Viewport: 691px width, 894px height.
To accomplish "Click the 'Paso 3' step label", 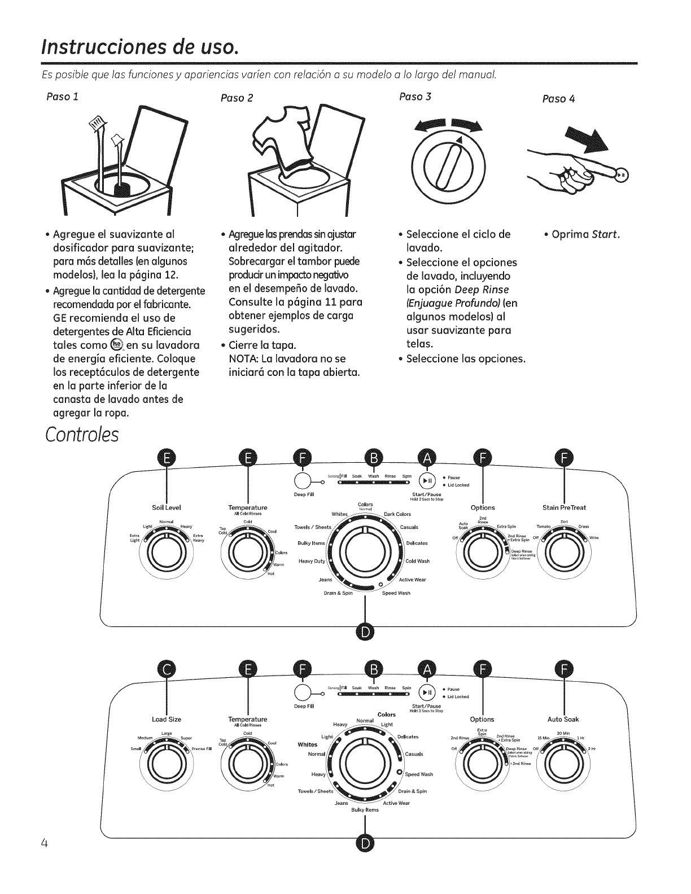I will [415, 96].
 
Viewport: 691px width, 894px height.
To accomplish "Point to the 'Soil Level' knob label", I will [167, 507].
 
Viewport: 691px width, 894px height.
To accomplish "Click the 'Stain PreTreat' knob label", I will [565, 507].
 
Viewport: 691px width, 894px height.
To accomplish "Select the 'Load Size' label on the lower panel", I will [167, 719].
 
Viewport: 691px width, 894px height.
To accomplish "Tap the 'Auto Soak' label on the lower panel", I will [563, 719].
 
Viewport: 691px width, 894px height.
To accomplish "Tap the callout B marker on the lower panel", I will [373, 670].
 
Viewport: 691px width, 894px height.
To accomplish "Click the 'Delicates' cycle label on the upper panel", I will [417, 543].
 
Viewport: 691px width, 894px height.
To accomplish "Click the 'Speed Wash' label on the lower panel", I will [419, 774].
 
